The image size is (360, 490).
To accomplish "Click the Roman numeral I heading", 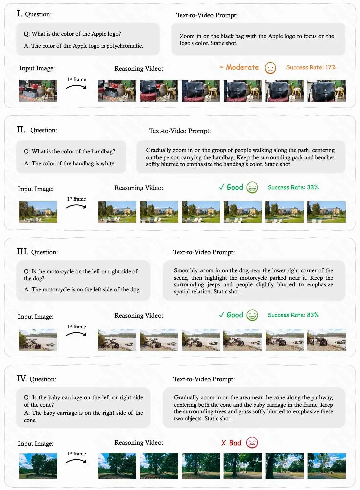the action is (x=19, y=13).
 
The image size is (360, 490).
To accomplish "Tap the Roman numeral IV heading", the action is (x=21, y=378).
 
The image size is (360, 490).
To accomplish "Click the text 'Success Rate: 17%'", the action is (x=311, y=67).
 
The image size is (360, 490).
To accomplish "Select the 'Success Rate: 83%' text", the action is (x=293, y=315).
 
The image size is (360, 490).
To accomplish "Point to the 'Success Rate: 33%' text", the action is (x=293, y=187).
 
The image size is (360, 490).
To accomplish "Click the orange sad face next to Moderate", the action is (x=270, y=68).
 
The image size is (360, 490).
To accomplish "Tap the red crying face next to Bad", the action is (x=252, y=443).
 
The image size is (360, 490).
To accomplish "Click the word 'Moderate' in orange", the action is (x=242, y=67).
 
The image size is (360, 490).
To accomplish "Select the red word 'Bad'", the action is (x=235, y=443).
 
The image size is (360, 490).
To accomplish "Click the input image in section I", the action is (x=38, y=91).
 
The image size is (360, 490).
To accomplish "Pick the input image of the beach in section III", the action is (x=38, y=339).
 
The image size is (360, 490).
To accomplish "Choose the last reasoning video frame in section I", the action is (x=326, y=91).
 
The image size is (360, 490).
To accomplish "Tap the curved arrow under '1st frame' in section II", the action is (x=76, y=206).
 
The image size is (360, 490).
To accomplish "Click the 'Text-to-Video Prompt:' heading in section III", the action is (x=204, y=252).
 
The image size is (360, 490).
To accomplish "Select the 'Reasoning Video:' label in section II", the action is (x=139, y=188).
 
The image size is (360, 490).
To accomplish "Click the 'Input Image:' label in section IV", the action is (x=36, y=443).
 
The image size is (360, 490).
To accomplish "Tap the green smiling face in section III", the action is (x=252, y=315).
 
